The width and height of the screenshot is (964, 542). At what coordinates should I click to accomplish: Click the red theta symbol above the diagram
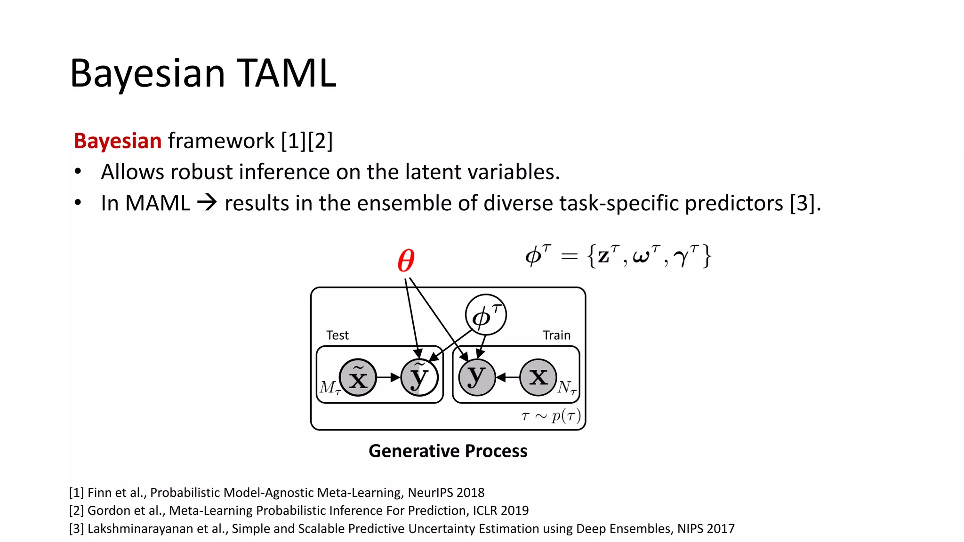coord(406,261)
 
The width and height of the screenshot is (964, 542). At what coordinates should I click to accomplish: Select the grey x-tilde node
coord(358,377)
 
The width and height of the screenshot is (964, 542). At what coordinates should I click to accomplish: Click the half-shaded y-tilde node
coord(419,377)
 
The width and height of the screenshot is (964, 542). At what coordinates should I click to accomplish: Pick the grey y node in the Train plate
coord(477,377)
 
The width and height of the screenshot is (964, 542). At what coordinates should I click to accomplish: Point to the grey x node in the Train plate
coord(538,377)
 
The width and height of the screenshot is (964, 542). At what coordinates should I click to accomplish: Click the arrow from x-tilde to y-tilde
coord(388,377)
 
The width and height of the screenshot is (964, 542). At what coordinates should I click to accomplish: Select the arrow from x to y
coord(508,377)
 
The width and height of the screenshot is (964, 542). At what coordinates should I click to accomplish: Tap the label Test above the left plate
coord(337,335)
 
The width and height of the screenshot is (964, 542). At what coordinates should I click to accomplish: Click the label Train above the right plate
coord(556,335)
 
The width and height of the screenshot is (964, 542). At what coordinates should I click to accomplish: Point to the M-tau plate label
coord(329,388)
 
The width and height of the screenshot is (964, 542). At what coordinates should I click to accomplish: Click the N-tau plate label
coord(567,388)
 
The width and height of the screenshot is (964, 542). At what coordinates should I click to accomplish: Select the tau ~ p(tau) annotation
coord(551,416)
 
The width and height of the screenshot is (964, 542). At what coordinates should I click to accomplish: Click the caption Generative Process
coord(448,451)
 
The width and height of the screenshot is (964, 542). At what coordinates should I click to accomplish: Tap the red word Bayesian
coord(118,141)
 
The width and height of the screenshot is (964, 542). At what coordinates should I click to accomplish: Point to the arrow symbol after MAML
coord(207,203)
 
